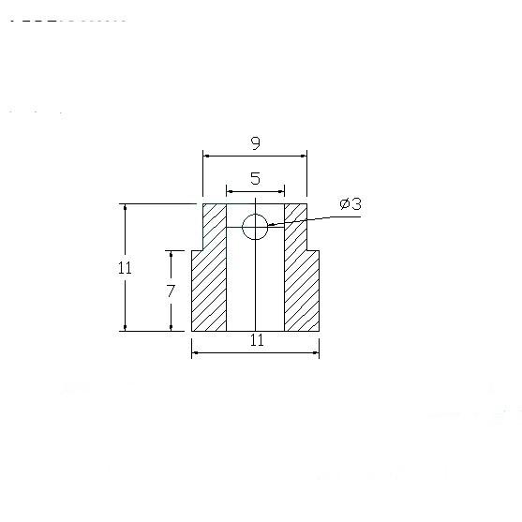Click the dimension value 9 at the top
coord(255,143)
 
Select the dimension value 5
coord(255,178)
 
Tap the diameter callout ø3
coord(350,203)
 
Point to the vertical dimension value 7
coord(171,291)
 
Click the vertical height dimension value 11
coord(125,268)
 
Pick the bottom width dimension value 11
coord(257,340)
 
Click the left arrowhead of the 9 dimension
coord(206,156)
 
